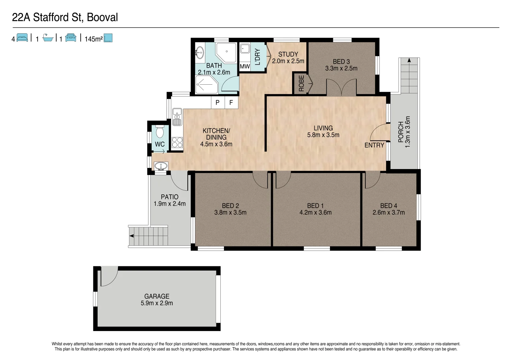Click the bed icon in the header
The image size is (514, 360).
coord(22,38)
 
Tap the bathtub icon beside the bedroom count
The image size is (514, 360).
coord(48,38)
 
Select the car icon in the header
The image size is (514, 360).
coord(71,38)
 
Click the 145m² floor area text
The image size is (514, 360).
coord(94,39)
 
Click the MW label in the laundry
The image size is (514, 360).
coord(245,67)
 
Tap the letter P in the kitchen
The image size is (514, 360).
coord(218,103)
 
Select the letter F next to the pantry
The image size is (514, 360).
coord(231,103)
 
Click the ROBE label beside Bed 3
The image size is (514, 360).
coord(301,83)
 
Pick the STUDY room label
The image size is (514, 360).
coord(288,54)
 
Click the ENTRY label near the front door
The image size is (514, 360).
coord(374,145)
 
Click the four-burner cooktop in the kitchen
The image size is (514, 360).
coord(177,142)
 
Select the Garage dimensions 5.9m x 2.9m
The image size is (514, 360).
coord(157,303)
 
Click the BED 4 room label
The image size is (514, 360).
coord(389,206)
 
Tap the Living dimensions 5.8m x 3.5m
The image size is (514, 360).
coord(323,135)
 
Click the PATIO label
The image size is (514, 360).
coord(170,197)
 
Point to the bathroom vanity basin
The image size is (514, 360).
coord(200,52)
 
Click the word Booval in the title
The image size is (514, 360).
coord(102,17)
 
